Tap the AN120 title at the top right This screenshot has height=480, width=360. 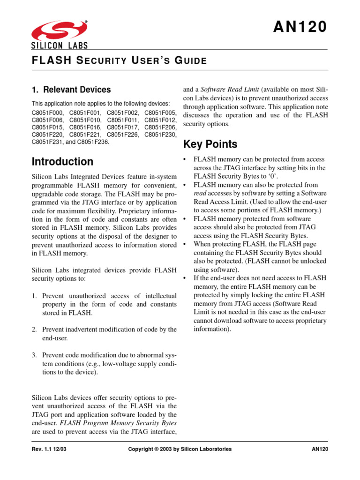click(300, 28)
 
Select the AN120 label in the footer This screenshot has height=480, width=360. click(319, 449)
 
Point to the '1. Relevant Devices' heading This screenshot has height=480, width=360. click(71, 90)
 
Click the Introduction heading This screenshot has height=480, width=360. click(62, 162)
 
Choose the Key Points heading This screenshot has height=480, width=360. click(210, 144)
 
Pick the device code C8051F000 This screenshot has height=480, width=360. click(48, 113)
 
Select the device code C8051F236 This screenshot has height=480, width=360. click(92, 141)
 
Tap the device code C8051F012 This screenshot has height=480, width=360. click(160, 120)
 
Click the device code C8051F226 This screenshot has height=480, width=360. click(123, 134)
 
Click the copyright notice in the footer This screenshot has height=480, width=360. click(180, 449)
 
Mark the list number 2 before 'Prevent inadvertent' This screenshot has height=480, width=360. click(34, 330)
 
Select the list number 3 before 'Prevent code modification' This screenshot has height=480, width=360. click(34, 355)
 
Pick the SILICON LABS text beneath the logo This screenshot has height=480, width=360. click(60, 46)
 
